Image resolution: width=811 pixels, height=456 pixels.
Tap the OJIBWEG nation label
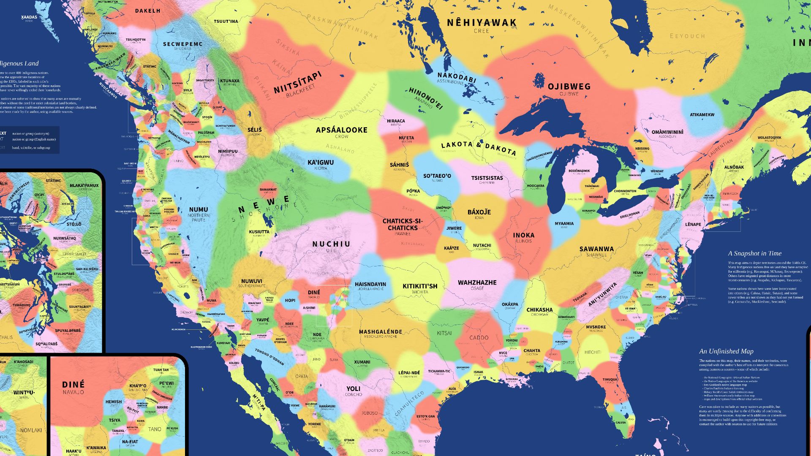coord(569,87)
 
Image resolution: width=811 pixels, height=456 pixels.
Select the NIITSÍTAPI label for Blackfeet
coord(297,83)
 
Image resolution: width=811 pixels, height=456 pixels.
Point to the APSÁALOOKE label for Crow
coord(341,130)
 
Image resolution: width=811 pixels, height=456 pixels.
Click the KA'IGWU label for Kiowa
coord(321,163)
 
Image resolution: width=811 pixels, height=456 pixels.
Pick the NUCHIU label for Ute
coord(331,244)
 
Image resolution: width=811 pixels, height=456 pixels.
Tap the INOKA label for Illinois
coord(523,235)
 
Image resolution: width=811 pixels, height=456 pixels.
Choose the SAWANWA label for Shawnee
coord(596,249)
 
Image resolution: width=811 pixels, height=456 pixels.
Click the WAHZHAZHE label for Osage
coord(477,282)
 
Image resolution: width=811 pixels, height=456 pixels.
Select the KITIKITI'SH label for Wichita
coord(420,286)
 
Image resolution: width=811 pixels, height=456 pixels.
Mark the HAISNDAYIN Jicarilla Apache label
coord(370,284)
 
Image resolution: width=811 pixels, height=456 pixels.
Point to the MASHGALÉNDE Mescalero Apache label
coord(380,332)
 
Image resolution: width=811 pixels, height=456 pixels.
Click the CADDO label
coord(479,338)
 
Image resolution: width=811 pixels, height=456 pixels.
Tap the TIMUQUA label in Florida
coord(610,379)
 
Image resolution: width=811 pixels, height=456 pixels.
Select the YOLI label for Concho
coord(353,389)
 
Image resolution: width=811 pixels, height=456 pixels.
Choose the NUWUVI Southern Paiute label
coord(251,281)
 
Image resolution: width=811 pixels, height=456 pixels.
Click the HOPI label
coord(290,301)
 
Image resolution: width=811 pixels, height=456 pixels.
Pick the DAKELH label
coord(147,11)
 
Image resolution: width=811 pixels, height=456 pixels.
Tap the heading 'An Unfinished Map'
coord(726,351)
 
